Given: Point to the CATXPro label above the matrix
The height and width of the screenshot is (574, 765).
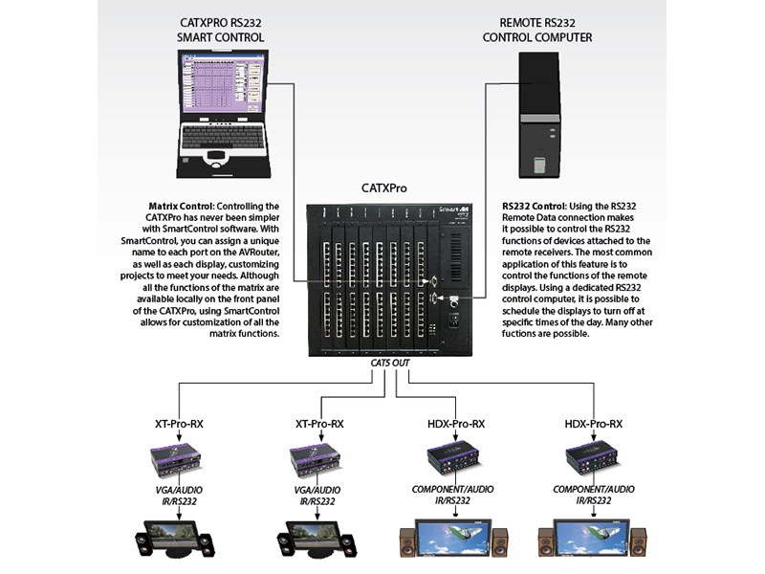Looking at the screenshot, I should point(384,188).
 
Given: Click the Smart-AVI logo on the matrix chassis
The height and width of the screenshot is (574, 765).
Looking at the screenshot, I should point(448,210).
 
